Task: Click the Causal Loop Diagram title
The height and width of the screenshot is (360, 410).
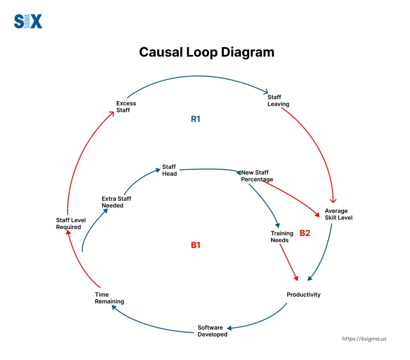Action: (206, 52)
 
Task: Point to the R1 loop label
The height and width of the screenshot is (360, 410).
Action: (196, 119)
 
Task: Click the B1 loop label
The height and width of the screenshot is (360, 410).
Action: (196, 245)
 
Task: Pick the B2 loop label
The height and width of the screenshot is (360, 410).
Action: (305, 233)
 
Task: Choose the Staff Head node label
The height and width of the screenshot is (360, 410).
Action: (169, 170)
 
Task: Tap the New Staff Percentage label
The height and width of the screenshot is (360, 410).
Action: (257, 176)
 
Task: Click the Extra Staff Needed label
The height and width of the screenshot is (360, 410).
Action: (116, 202)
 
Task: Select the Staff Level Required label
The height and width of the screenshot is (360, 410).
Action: (71, 224)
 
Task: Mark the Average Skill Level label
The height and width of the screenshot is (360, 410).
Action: (336, 214)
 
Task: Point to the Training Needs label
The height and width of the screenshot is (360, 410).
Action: (279, 237)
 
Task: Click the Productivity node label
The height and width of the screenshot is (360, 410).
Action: (304, 294)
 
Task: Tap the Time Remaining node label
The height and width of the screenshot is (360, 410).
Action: (110, 298)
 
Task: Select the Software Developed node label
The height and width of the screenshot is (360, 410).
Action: (212, 331)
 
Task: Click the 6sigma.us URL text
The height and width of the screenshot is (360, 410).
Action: (364, 339)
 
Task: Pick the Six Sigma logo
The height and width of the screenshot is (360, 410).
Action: (28, 21)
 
